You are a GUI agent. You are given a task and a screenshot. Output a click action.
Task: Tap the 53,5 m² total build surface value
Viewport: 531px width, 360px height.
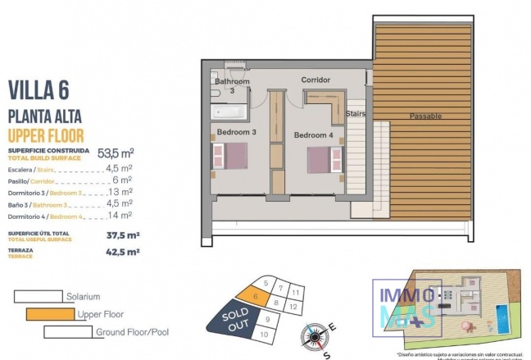pyautogui.click(x=116, y=153)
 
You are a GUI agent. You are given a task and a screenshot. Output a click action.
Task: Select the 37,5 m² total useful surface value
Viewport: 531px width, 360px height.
pyautogui.click(x=124, y=234)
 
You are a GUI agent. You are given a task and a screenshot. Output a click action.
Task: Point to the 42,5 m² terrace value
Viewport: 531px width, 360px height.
pyautogui.click(x=124, y=253)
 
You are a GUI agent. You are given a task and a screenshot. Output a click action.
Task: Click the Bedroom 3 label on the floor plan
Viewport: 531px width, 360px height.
pyautogui.click(x=237, y=133)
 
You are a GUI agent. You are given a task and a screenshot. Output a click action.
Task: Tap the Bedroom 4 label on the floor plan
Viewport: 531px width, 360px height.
pyautogui.click(x=314, y=135)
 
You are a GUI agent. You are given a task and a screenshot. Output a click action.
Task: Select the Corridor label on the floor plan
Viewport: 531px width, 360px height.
pyautogui.click(x=315, y=80)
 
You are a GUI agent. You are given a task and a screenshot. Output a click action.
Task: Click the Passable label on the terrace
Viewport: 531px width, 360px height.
pyautogui.click(x=425, y=115)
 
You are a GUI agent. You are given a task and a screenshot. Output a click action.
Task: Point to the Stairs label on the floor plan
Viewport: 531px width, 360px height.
pyautogui.click(x=356, y=113)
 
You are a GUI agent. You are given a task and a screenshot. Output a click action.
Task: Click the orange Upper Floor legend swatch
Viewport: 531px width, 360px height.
pyautogui.click(x=50, y=314)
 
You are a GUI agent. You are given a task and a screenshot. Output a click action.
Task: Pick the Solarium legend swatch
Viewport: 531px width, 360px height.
pyautogui.click(x=38, y=296)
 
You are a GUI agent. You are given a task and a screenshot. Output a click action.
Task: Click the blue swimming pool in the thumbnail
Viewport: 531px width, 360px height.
pyautogui.click(x=499, y=315)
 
